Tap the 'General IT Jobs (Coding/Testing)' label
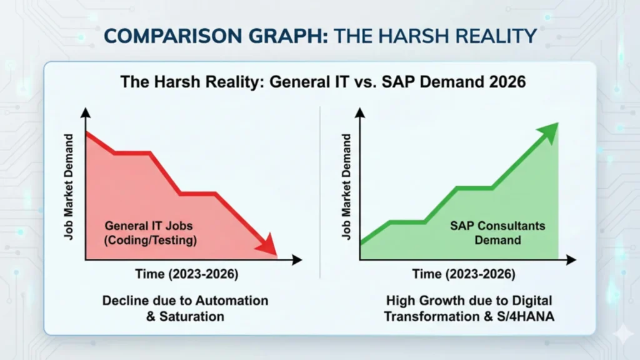150,233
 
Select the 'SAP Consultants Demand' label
497,233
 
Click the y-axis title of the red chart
69,187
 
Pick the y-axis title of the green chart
346,187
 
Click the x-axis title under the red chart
187,274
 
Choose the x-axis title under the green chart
464,274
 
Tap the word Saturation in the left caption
191,317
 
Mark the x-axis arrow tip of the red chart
302,259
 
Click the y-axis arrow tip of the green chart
360,108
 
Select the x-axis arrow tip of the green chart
576,259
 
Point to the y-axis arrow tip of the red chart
86,108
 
